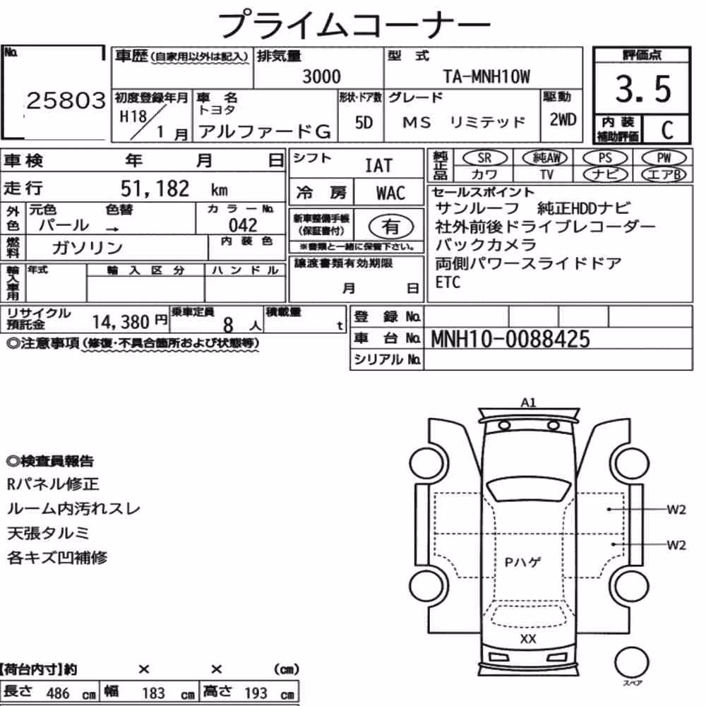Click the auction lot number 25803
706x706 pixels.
click(x=66, y=101)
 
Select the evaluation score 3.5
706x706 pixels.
click(x=643, y=89)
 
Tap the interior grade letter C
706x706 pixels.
click(x=667, y=130)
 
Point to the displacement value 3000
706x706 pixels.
click(x=321, y=76)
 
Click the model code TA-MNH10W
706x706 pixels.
click(x=486, y=76)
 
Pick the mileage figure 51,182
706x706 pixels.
click(x=155, y=189)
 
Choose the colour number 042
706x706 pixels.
click(x=243, y=225)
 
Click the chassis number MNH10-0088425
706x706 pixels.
click(x=510, y=339)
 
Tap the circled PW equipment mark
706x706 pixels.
click(x=664, y=157)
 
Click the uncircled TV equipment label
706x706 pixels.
click(x=546, y=174)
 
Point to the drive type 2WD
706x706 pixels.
click(x=563, y=120)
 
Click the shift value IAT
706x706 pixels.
click(x=378, y=166)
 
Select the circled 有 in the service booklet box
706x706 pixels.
click(x=391, y=227)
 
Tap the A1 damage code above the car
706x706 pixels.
click(x=528, y=402)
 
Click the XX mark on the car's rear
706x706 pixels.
click(x=527, y=638)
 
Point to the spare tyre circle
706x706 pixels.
click(x=632, y=663)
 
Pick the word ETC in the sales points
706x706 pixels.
click(x=448, y=282)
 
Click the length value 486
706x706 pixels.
click(x=58, y=693)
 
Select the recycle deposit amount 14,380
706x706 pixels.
click(x=121, y=322)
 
